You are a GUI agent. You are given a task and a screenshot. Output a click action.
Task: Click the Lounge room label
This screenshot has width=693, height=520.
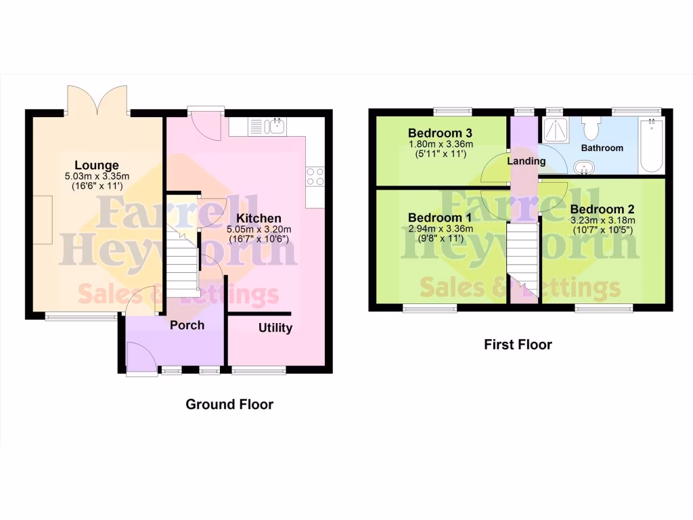pos(97,165)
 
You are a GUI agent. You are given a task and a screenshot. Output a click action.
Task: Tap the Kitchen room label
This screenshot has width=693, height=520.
pos(260,218)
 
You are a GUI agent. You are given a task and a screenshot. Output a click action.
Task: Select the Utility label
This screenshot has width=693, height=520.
pos(275,328)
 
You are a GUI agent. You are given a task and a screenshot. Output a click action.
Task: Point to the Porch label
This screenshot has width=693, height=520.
pos(187,325)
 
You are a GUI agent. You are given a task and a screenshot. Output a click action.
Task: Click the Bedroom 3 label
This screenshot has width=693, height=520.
pos(440,133)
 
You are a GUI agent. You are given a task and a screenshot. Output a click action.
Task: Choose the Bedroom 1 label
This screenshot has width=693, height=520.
pos(440,218)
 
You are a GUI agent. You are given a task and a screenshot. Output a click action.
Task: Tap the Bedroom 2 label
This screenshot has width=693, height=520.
pos(602,209)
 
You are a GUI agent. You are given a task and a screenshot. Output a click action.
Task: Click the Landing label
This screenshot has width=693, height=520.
pos(527,161)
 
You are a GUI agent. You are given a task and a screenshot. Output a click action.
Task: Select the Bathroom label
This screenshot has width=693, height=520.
pos(602,148)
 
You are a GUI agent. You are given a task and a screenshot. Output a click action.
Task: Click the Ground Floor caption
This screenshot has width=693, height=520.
pos(229,405)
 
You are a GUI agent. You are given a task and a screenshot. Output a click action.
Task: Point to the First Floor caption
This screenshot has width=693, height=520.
pos(518,345)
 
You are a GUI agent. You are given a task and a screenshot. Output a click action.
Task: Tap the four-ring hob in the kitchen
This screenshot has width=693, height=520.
pos(315,176)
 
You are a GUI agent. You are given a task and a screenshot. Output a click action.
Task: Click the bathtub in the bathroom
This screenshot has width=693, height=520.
pos(652,144)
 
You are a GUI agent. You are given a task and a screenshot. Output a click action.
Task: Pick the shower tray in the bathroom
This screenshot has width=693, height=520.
pos(556,129)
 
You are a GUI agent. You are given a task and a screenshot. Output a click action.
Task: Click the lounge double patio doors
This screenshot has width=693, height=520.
pos(96,100)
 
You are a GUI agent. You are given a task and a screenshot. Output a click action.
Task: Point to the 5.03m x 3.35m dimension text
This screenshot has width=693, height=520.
pos(97,177)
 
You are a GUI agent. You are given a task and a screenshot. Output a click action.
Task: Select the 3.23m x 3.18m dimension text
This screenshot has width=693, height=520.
pos(602,220)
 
